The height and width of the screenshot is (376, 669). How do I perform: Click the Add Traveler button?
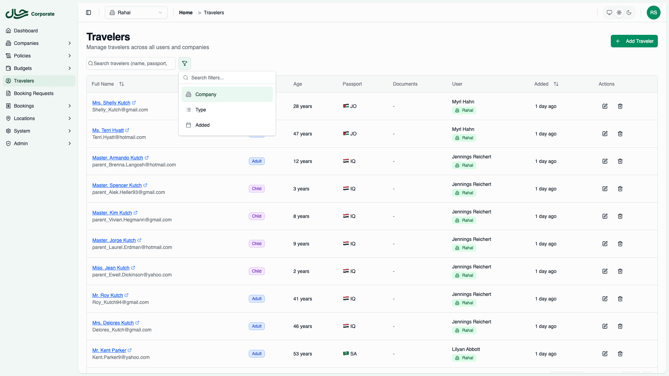(634, 41)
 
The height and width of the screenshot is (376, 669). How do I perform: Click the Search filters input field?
(230, 78)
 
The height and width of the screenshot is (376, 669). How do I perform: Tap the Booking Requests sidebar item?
(33, 93)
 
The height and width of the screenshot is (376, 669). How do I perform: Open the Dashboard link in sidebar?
(26, 31)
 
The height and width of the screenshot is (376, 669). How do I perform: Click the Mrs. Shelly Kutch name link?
(111, 103)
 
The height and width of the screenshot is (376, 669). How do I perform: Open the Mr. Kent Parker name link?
(109, 350)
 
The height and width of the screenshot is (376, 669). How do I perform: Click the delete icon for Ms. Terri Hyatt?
(620, 134)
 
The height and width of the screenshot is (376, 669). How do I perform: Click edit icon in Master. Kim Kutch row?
(605, 216)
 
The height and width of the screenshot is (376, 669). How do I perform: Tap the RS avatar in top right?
(653, 13)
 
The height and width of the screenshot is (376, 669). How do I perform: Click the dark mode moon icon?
(629, 13)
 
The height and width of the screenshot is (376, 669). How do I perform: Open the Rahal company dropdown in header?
(136, 13)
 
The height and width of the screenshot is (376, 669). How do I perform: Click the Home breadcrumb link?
(186, 13)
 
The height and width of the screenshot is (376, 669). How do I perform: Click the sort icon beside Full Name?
(122, 84)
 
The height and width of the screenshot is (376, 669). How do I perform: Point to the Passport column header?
(352, 84)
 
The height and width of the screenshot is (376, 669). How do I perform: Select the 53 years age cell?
(302, 354)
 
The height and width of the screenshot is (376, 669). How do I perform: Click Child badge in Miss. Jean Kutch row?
(257, 271)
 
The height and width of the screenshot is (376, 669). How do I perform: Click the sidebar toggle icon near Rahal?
(89, 13)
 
